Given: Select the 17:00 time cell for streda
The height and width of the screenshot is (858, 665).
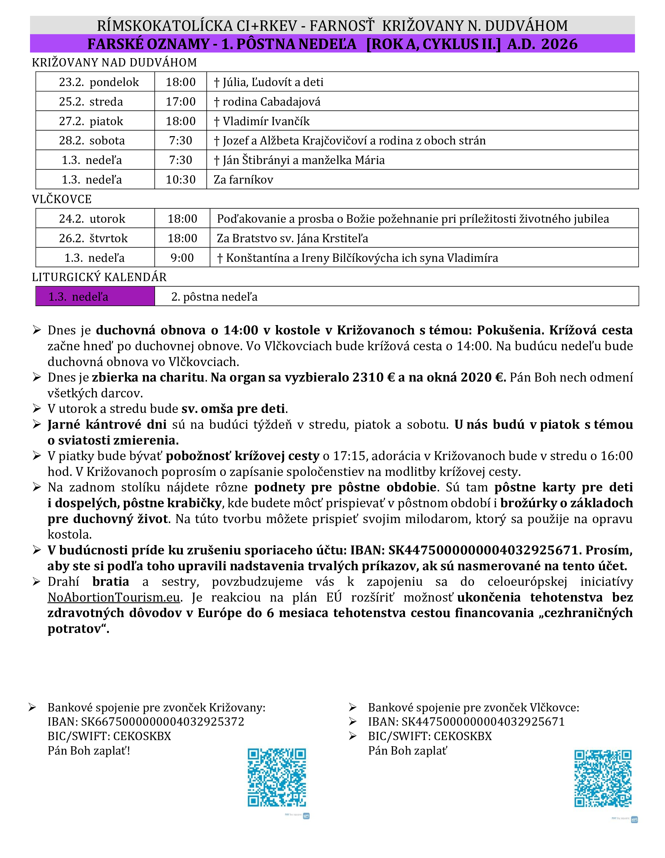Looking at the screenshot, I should pos(180,101).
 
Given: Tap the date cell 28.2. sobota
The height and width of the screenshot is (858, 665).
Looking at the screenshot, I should pos(92,140).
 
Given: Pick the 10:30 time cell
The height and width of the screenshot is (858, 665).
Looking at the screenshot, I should pos(180,180).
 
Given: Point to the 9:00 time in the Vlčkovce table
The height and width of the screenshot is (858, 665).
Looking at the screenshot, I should pos(182,258).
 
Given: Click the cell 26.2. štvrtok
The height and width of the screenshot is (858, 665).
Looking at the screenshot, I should pos(93,238).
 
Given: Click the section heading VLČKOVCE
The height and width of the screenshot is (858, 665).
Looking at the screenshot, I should pos(62,199).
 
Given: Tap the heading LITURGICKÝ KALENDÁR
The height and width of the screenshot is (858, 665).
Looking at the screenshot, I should pos(99,277).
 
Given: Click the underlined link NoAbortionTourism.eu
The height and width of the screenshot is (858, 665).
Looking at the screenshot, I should pos(114,597).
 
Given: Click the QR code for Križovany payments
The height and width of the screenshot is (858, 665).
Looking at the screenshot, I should pos(277,777).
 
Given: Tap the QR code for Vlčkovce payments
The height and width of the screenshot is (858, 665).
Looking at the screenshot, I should pos(603,778).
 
